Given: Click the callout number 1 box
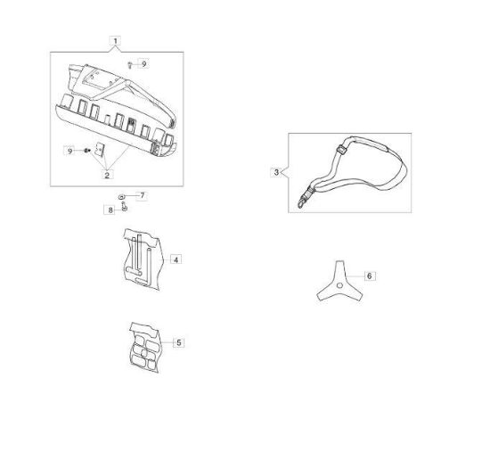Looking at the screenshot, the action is (115, 41).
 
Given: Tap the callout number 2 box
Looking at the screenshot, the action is (107, 175).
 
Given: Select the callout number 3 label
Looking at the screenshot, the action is (276, 172).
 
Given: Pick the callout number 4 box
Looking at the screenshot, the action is (176, 259).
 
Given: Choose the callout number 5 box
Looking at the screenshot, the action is (179, 342).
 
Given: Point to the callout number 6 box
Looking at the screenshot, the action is (370, 276).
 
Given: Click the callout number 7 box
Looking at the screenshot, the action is (143, 196).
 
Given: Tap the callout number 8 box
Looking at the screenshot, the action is (110, 210).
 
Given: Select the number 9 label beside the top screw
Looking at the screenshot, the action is (143, 64).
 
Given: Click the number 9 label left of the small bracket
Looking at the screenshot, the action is (69, 151).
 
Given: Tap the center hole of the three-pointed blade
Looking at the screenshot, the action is (339, 285).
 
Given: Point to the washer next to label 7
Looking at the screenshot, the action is (121, 197).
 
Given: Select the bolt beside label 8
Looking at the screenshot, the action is (124, 207).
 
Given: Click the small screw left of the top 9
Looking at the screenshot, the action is (130, 65).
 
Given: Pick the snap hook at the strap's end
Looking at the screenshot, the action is (302, 202).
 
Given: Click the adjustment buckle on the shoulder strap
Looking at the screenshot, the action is (341, 149).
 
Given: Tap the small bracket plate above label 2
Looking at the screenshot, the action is (100, 149).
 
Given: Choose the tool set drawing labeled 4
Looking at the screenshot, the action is (143, 259).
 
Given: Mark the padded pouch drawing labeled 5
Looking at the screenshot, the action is (145, 347).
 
